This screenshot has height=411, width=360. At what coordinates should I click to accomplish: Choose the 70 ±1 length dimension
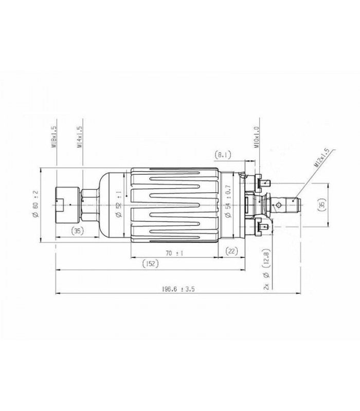pos(175,253)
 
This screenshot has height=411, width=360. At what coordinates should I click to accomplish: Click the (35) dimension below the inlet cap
pos(77,230)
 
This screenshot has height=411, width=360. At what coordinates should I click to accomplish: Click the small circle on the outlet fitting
pos(278,204)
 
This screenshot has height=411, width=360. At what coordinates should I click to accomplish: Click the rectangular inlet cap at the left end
pos(65,204)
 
